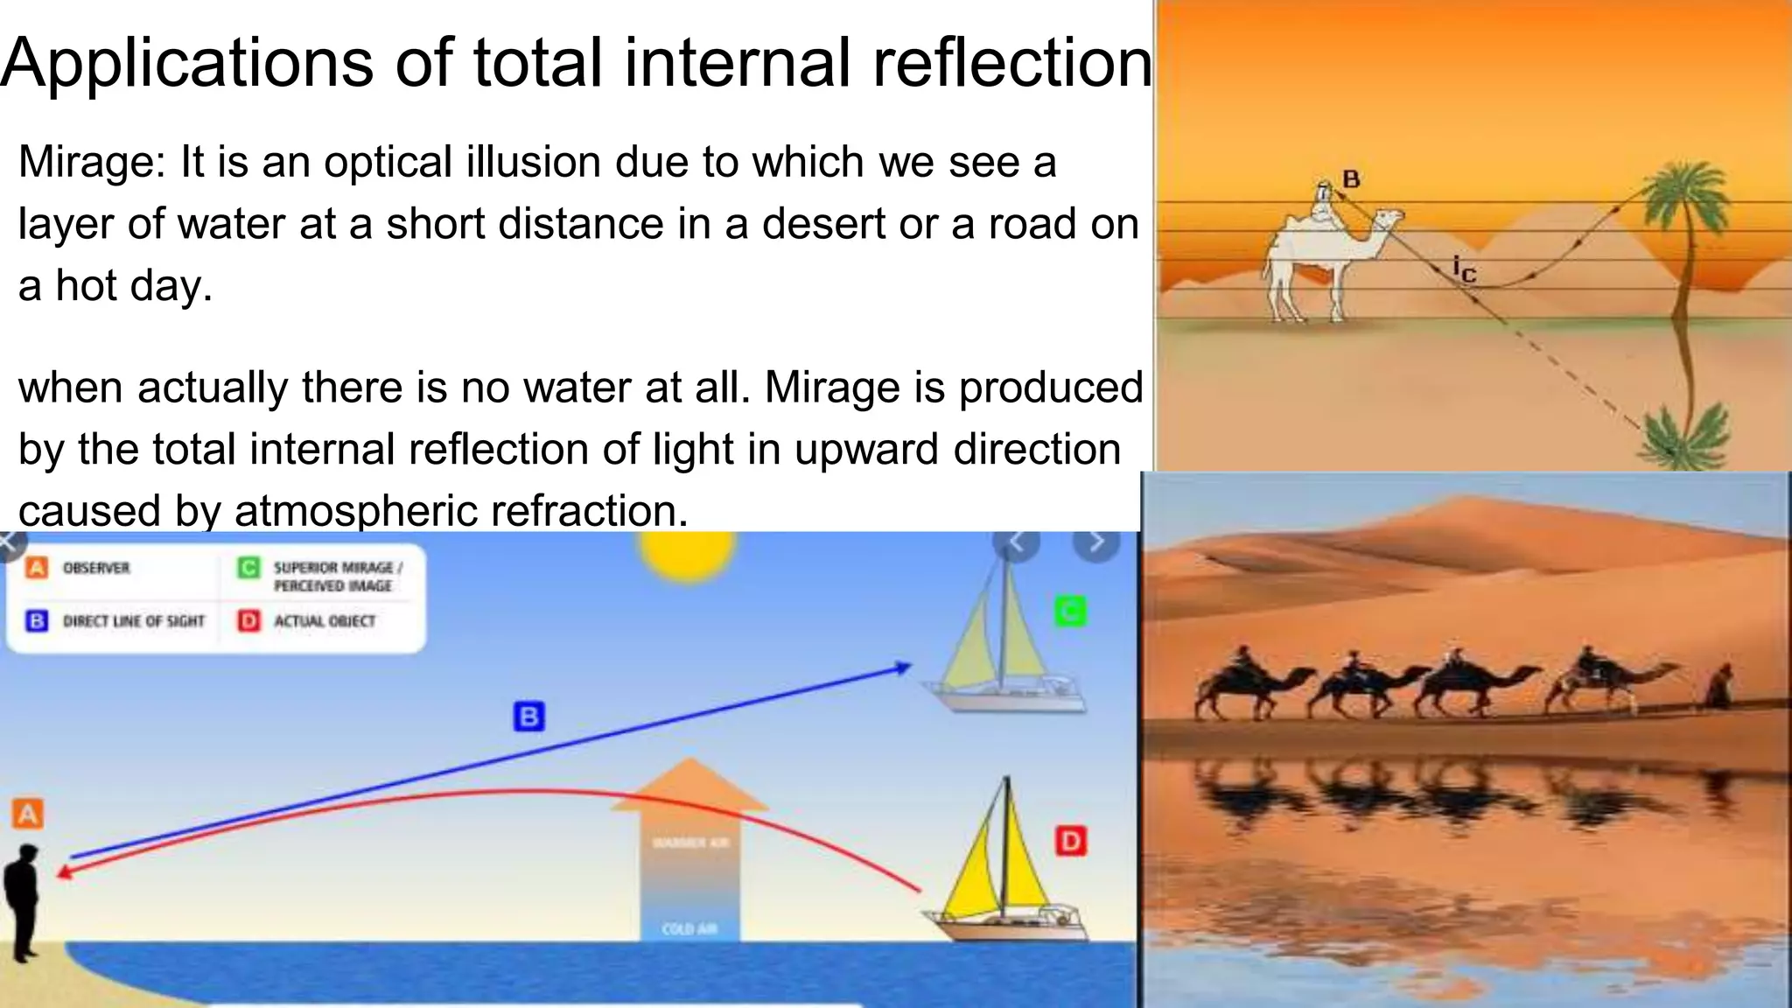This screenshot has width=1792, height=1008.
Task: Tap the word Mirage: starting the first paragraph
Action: pyautogui.click(x=91, y=163)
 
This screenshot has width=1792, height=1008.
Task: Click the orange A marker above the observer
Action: pyautogui.click(x=27, y=814)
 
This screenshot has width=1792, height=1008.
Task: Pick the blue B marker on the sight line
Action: pyautogui.click(x=528, y=716)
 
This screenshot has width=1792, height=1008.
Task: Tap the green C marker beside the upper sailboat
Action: pyautogui.click(x=1069, y=611)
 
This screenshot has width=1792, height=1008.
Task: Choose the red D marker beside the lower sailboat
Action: pyautogui.click(x=1070, y=842)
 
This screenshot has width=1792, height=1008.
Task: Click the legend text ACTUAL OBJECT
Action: pyautogui.click(x=325, y=621)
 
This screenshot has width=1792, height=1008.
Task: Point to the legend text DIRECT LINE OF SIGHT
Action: pyautogui.click(x=133, y=621)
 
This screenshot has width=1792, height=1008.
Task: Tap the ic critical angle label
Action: pyautogui.click(x=1464, y=269)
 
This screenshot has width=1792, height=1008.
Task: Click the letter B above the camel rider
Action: pyautogui.click(x=1351, y=179)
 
